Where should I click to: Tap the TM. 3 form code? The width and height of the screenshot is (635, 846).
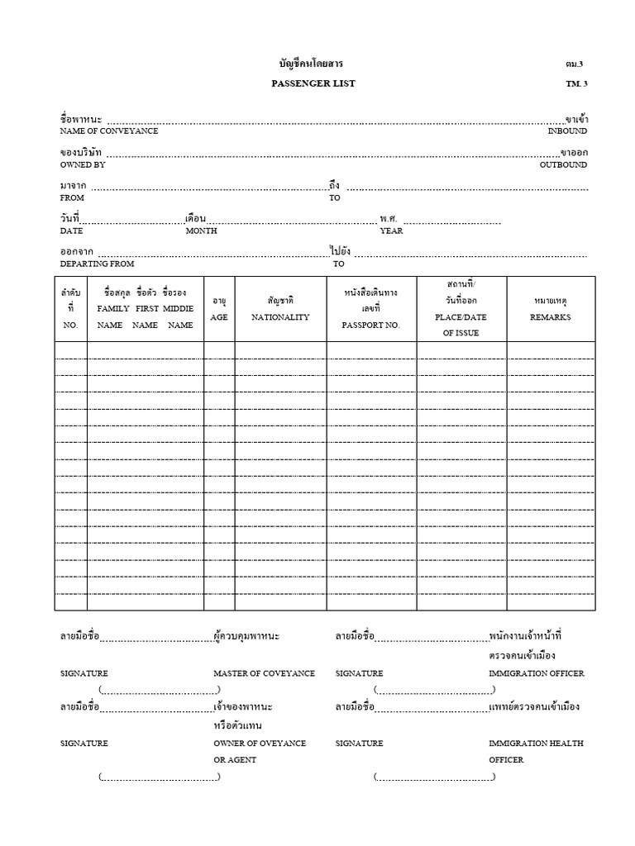click(x=576, y=83)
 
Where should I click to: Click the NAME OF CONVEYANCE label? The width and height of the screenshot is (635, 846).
click(x=109, y=131)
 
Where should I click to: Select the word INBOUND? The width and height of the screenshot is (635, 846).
click(x=567, y=131)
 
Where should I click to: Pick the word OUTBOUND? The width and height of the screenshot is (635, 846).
click(x=564, y=165)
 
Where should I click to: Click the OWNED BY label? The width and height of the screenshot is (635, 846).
click(x=83, y=165)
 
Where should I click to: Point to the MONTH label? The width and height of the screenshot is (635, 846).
click(x=201, y=231)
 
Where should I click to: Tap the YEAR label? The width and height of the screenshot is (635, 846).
click(x=391, y=231)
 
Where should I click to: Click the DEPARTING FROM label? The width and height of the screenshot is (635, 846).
click(x=97, y=264)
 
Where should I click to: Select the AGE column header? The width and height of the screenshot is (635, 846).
click(x=219, y=317)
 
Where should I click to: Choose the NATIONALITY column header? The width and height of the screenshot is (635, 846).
click(x=280, y=317)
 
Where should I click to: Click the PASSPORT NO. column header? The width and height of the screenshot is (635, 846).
click(x=370, y=326)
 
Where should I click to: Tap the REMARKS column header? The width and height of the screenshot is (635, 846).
click(x=551, y=317)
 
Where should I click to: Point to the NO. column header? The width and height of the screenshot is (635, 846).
click(x=70, y=326)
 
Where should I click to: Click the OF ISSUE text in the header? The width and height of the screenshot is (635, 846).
click(x=461, y=334)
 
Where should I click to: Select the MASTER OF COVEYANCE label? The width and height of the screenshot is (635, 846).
click(x=264, y=673)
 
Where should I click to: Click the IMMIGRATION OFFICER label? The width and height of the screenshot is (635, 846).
click(x=536, y=673)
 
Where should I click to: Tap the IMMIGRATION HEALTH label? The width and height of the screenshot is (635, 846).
click(x=534, y=743)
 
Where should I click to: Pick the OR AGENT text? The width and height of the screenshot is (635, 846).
click(x=235, y=759)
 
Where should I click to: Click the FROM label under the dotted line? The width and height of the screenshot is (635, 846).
click(x=72, y=198)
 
